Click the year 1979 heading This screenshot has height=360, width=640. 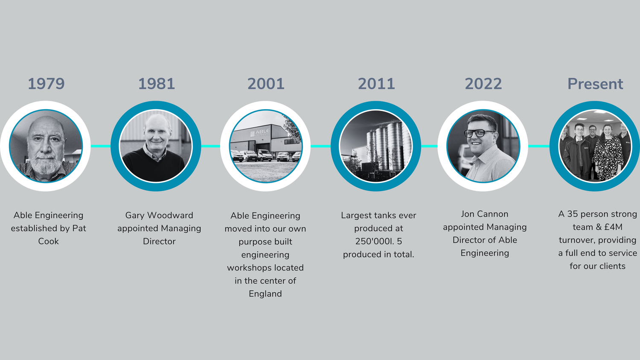(46, 84)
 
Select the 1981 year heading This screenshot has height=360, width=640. (156, 84)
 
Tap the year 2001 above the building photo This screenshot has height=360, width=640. (266, 84)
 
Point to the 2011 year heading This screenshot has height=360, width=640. (376, 84)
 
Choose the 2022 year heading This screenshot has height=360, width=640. (483, 84)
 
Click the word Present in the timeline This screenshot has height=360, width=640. (595, 84)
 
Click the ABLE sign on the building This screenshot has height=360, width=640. (262, 132)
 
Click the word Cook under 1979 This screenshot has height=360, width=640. (48, 241)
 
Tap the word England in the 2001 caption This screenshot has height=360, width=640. (265, 294)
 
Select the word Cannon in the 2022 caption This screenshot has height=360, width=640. (495, 214)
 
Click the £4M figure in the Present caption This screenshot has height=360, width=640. (613, 227)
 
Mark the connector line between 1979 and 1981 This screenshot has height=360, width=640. (101, 146)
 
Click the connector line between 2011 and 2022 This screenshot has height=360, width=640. (429, 146)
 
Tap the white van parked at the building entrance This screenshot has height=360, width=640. (265, 155)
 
